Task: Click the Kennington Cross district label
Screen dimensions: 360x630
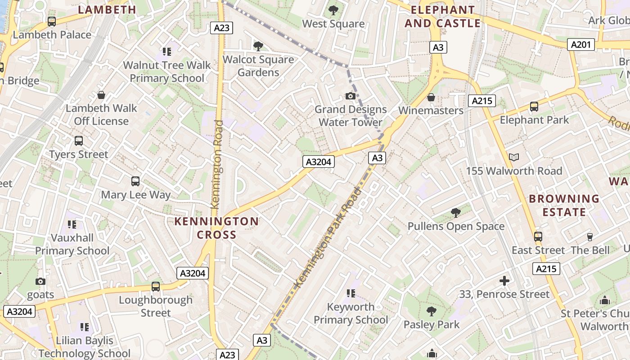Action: (216, 228)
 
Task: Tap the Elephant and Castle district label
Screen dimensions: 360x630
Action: (442, 17)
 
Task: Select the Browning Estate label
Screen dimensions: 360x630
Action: (564, 205)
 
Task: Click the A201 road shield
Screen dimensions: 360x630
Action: (580, 45)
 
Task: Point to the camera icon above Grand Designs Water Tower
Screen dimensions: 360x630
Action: (350, 96)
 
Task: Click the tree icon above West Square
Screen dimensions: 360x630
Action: (333, 10)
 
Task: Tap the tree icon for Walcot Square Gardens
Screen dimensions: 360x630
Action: (258, 46)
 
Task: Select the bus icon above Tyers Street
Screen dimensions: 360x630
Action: (79, 141)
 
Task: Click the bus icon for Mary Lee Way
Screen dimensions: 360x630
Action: (135, 181)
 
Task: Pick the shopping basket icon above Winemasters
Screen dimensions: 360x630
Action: (431, 97)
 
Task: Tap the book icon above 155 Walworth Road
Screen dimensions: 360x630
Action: (514, 157)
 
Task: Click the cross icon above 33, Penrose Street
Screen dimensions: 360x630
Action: (504, 281)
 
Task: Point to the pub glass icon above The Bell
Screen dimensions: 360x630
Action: (590, 237)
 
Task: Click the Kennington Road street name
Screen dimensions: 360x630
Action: (217, 164)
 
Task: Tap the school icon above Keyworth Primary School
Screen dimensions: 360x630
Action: (351, 293)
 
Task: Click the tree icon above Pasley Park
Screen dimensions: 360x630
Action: (431, 311)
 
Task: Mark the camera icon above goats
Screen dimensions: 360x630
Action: (40, 281)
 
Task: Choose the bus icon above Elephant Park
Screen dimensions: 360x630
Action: (534, 107)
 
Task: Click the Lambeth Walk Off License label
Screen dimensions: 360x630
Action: (101, 115)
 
